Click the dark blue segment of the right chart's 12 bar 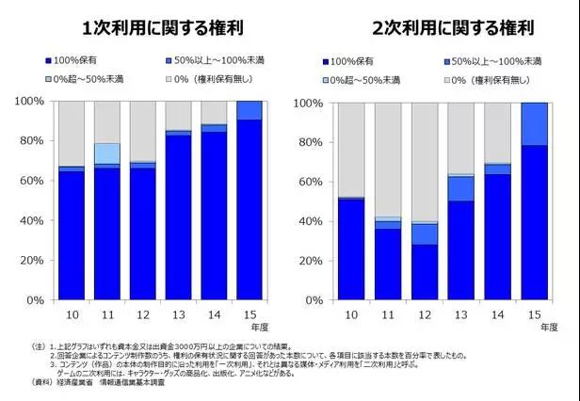point(424,272)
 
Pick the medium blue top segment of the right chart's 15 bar point(534,123)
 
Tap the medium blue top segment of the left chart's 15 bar point(250,110)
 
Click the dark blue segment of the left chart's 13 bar point(178,217)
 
